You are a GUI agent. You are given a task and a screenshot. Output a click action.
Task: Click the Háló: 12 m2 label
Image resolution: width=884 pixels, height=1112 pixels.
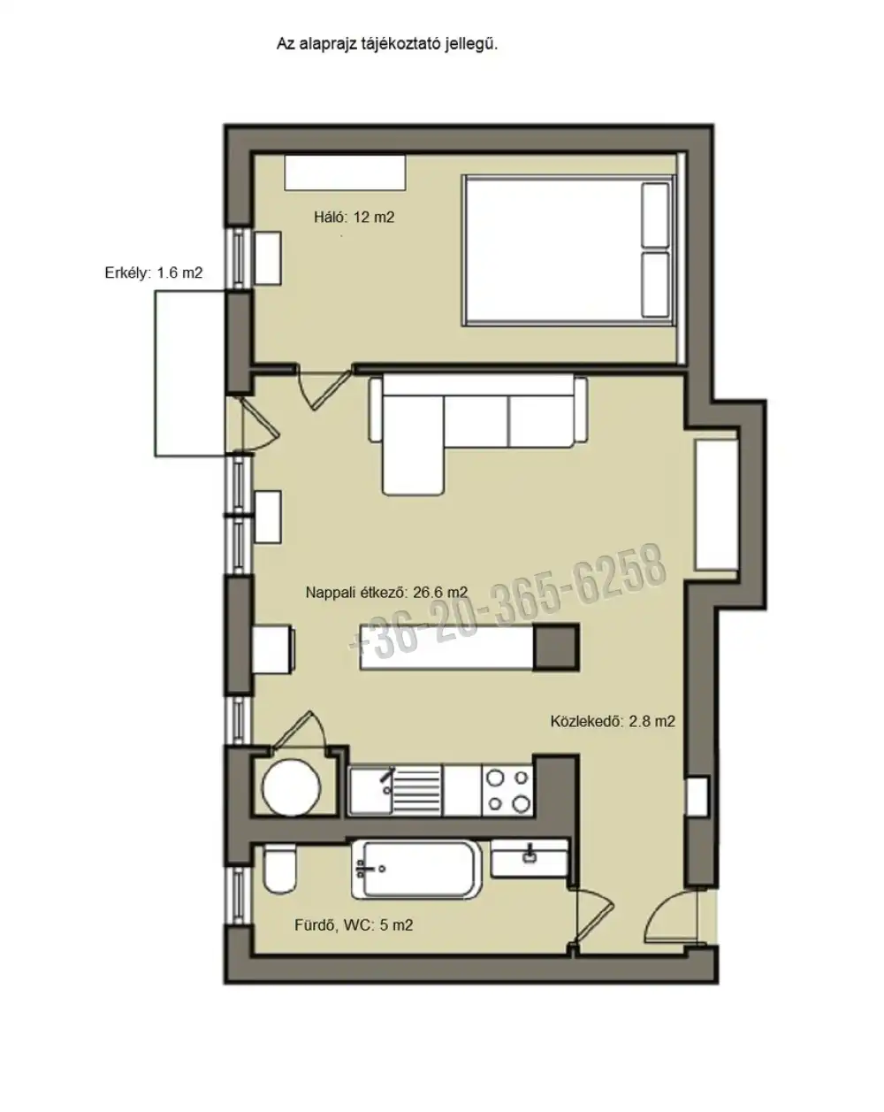pos(354,217)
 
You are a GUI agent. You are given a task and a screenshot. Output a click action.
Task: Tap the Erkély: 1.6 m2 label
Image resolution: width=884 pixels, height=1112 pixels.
pos(153,272)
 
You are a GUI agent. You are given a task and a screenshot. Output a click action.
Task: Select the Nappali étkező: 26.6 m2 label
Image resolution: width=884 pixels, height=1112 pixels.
pos(387,592)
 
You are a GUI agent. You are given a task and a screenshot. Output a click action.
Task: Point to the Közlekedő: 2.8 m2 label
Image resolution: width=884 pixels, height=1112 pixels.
pos(613,721)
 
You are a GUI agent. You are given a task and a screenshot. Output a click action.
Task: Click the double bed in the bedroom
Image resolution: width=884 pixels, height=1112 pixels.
pos(568,250)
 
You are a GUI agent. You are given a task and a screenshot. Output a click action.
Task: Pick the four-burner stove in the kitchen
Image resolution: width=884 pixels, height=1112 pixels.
pos(508,791)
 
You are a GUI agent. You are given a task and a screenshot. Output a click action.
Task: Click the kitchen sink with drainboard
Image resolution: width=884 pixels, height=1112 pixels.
pos(395,791)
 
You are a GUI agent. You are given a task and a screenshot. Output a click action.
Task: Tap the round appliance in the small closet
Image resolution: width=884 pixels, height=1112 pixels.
pos(291,788)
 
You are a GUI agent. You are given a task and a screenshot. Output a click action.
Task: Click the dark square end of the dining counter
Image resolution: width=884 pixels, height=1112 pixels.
pos(556,648)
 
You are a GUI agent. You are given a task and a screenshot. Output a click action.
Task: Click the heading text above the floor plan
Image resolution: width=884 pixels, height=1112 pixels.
pos(387,44)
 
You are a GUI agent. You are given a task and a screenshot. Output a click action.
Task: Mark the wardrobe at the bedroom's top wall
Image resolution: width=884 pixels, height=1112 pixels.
pos(345,173)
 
